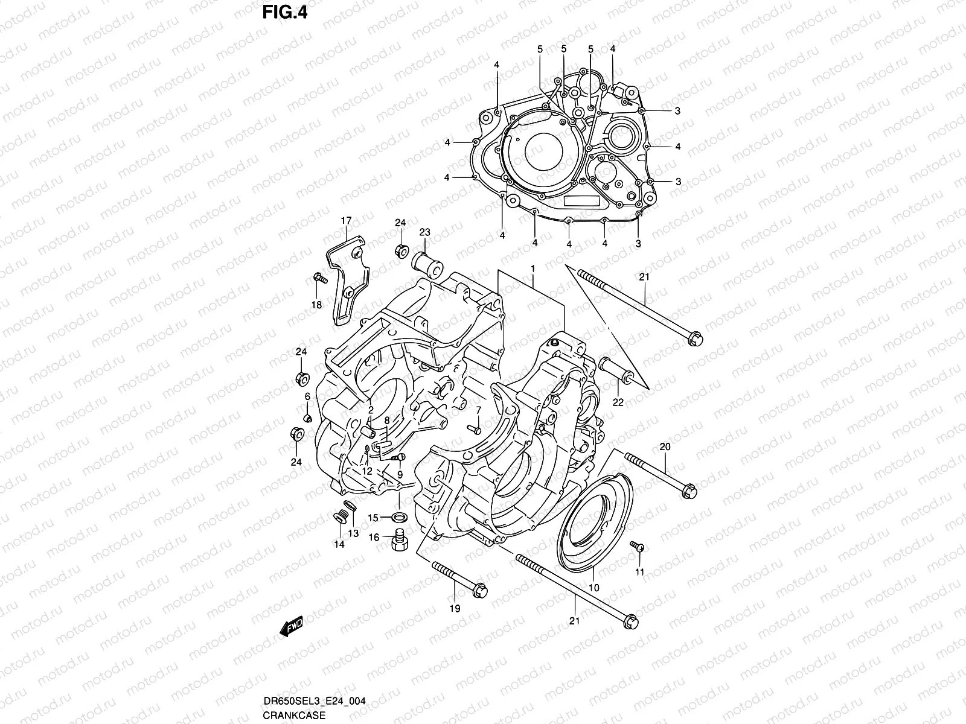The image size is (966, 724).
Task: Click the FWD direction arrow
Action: coord(291,627)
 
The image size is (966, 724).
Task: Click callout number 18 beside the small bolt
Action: coord(316,305)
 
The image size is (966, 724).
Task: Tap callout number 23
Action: coord(424,232)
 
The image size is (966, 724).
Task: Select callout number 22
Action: coord(618,402)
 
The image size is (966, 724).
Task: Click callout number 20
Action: coord(665,447)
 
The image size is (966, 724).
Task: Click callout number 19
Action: coord(455,608)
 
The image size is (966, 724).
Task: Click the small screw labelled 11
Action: coord(638,547)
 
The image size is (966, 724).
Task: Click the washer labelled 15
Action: coord(398,517)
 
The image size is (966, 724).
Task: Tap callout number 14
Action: coord(339,544)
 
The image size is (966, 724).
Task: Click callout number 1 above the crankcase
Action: coord(533,267)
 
